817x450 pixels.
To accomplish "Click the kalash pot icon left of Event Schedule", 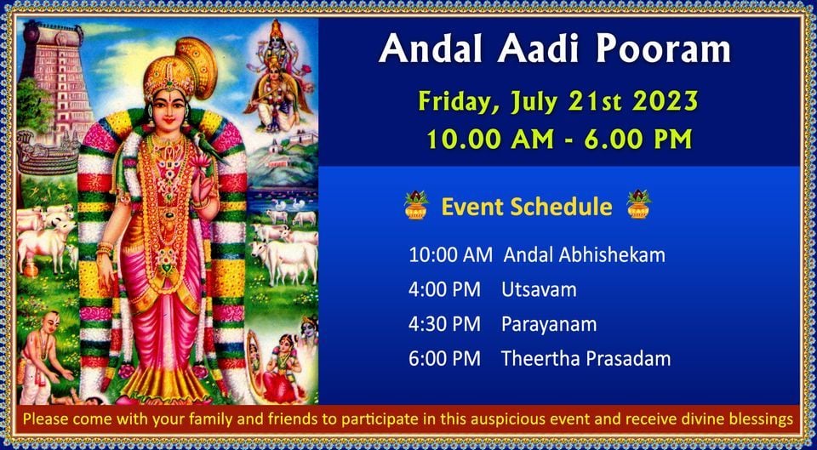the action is [416, 205].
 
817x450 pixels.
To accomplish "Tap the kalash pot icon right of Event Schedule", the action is [639, 205].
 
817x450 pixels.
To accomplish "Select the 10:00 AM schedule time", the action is [450, 256].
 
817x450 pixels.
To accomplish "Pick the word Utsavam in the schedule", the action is [539, 290].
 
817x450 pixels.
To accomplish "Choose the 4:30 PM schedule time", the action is [444, 324].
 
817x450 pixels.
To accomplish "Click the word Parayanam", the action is [549, 325].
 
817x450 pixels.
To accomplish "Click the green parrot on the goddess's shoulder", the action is [209, 148].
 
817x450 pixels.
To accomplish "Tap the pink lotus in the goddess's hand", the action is [199, 161].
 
